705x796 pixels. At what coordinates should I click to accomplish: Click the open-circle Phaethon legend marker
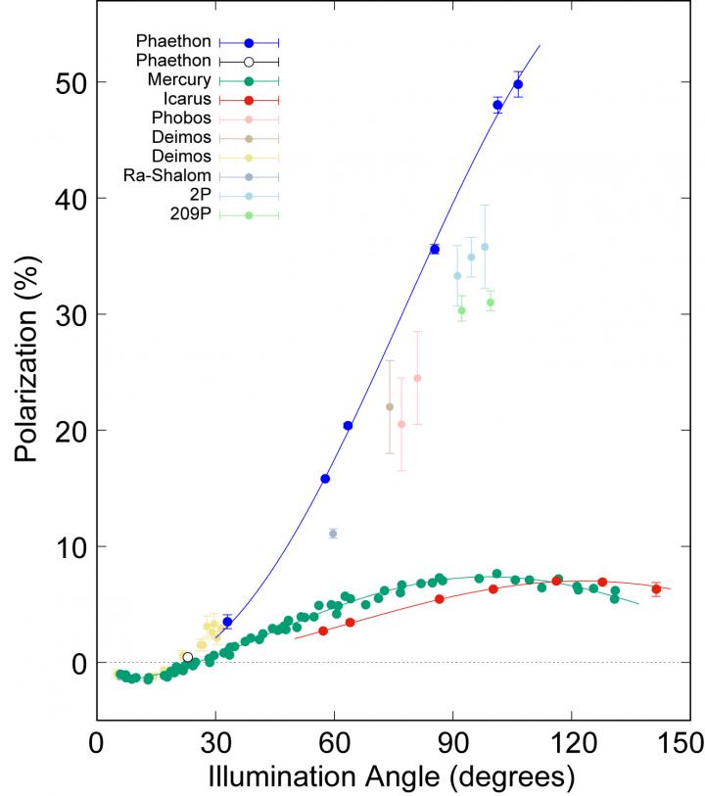(x=249, y=62)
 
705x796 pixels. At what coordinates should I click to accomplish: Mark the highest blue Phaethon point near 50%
(x=518, y=85)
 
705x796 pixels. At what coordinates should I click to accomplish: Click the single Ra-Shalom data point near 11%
(x=333, y=534)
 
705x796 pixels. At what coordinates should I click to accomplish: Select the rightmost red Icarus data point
(x=656, y=589)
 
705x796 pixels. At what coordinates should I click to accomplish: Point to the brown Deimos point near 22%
(x=390, y=407)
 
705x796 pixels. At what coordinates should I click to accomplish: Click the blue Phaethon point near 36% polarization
(x=435, y=250)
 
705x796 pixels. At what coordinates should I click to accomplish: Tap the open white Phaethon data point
(x=188, y=657)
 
